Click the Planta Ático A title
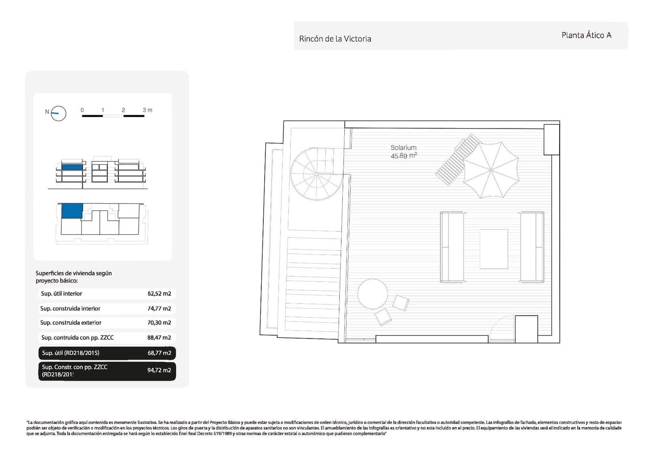[586, 35]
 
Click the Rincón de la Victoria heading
[335, 39]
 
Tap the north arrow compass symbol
[58, 113]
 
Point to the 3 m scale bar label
[147, 110]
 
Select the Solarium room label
[404, 148]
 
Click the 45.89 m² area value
[404, 156]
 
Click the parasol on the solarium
[491, 170]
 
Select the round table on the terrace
[372, 294]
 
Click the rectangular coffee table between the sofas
[494, 249]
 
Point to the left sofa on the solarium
[452, 247]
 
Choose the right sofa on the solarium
[532, 247]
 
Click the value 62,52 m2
[159, 293]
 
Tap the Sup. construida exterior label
[71, 323]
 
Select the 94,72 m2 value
[159, 370]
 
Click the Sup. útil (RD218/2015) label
[71, 353]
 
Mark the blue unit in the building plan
[72, 211]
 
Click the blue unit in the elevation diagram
[72, 167]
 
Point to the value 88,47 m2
[159, 337]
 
